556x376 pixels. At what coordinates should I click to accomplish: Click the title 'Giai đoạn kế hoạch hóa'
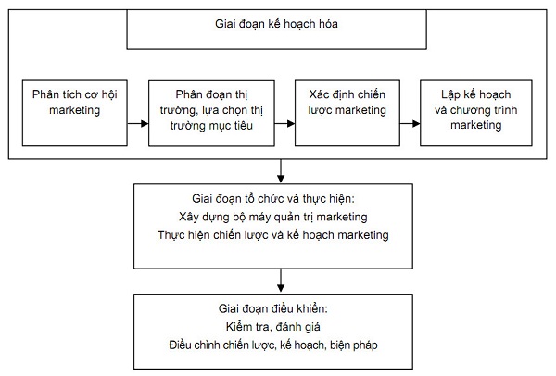tap(276, 24)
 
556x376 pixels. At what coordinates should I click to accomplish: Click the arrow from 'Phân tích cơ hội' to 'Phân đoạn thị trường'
tap(138, 124)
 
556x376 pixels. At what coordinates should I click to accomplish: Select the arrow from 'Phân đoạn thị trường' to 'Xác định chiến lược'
tap(284, 124)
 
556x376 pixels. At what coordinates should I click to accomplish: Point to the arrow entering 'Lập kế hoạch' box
tap(410, 124)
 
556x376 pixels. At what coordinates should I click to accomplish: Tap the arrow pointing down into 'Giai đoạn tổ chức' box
tap(281, 171)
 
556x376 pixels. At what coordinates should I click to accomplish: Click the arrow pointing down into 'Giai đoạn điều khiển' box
tap(281, 281)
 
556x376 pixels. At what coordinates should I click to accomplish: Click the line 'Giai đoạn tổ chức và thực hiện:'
tap(273, 199)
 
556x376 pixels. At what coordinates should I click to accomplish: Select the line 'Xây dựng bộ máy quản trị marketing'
tap(273, 217)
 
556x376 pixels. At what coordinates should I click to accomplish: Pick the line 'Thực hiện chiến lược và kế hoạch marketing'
tap(273, 235)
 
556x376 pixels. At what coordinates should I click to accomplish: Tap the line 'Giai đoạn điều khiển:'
tap(273, 308)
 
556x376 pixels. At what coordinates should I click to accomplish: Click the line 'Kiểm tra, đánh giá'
tap(273, 327)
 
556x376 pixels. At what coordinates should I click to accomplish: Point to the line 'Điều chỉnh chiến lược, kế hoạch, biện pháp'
tap(273, 345)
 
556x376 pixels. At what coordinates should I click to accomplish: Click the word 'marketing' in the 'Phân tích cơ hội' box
tap(75, 110)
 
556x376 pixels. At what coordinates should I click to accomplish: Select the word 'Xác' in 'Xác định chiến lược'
tap(318, 94)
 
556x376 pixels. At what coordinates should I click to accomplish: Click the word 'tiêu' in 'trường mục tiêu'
tap(242, 125)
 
